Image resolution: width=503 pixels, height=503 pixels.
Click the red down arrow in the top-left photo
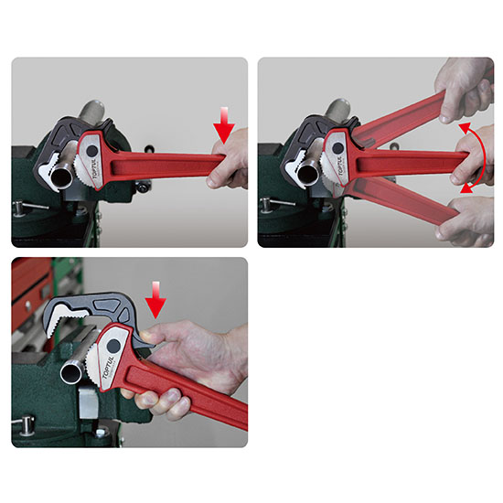coord(224,125)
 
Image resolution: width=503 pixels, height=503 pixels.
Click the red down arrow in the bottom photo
coord(155,300)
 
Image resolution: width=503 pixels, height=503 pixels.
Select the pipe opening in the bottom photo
coord(71,373)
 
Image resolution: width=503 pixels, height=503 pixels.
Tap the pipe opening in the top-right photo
coord(307,173)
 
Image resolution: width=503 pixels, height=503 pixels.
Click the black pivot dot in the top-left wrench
coord(92,150)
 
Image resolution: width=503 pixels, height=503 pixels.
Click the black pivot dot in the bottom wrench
coord(113,346)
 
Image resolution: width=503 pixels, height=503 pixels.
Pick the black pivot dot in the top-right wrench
coord(337,148)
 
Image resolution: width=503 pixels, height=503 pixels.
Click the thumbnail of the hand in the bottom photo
coord(146,336)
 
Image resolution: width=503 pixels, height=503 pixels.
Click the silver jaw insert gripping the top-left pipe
coord(50,169)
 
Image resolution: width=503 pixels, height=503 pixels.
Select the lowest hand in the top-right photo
coord(466,222)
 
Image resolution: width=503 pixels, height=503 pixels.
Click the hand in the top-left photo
coord(229,160)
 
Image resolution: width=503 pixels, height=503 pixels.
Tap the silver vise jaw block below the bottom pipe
coord(88,402)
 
